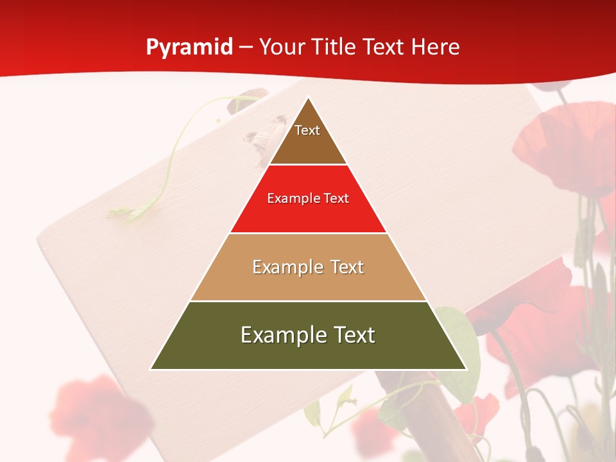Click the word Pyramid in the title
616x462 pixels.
click(189, 47)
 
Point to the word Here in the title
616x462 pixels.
click(435, 47)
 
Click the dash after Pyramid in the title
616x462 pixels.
click(246, 48)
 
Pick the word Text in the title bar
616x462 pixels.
click(384, 47)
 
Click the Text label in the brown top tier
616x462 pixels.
click(307, 130)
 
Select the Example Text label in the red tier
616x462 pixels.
click(308, 198)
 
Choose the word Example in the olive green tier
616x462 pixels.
click(279, 335)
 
